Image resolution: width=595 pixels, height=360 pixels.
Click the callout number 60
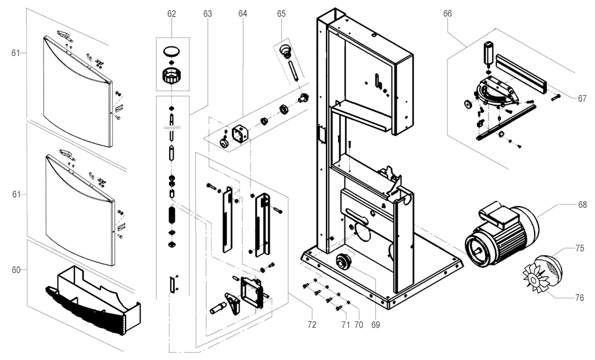click(x=16, y=269)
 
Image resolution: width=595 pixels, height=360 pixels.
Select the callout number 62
click(x=171, y=13)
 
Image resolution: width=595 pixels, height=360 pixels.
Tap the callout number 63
click(x=207, y=13)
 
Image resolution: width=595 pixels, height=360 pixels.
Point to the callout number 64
click(x=242, y=13)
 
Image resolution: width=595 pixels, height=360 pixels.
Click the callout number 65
click(x=281, y=13)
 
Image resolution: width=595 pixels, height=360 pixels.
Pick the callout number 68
click(x=582, y=204)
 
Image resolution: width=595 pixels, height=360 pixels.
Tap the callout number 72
click(x=312, y=325)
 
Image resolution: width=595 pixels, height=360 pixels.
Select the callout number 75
click(x=580, y=248)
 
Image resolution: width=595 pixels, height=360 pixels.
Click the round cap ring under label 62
click(x=170, y=52)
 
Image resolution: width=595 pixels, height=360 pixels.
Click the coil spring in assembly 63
click(x=172, y=214)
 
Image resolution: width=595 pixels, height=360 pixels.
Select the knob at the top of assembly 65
click(x=285, y=50)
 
